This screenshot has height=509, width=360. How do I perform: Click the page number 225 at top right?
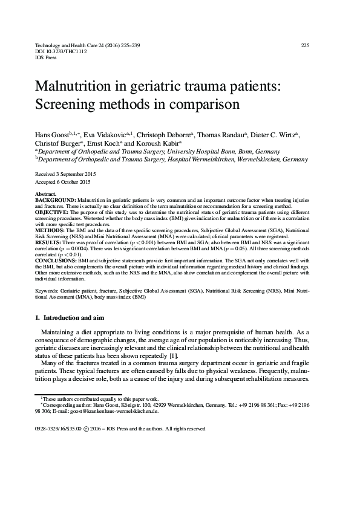(305, 45)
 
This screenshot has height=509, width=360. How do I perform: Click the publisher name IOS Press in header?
(47, 58)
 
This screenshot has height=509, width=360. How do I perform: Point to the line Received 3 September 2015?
(70, 173)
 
